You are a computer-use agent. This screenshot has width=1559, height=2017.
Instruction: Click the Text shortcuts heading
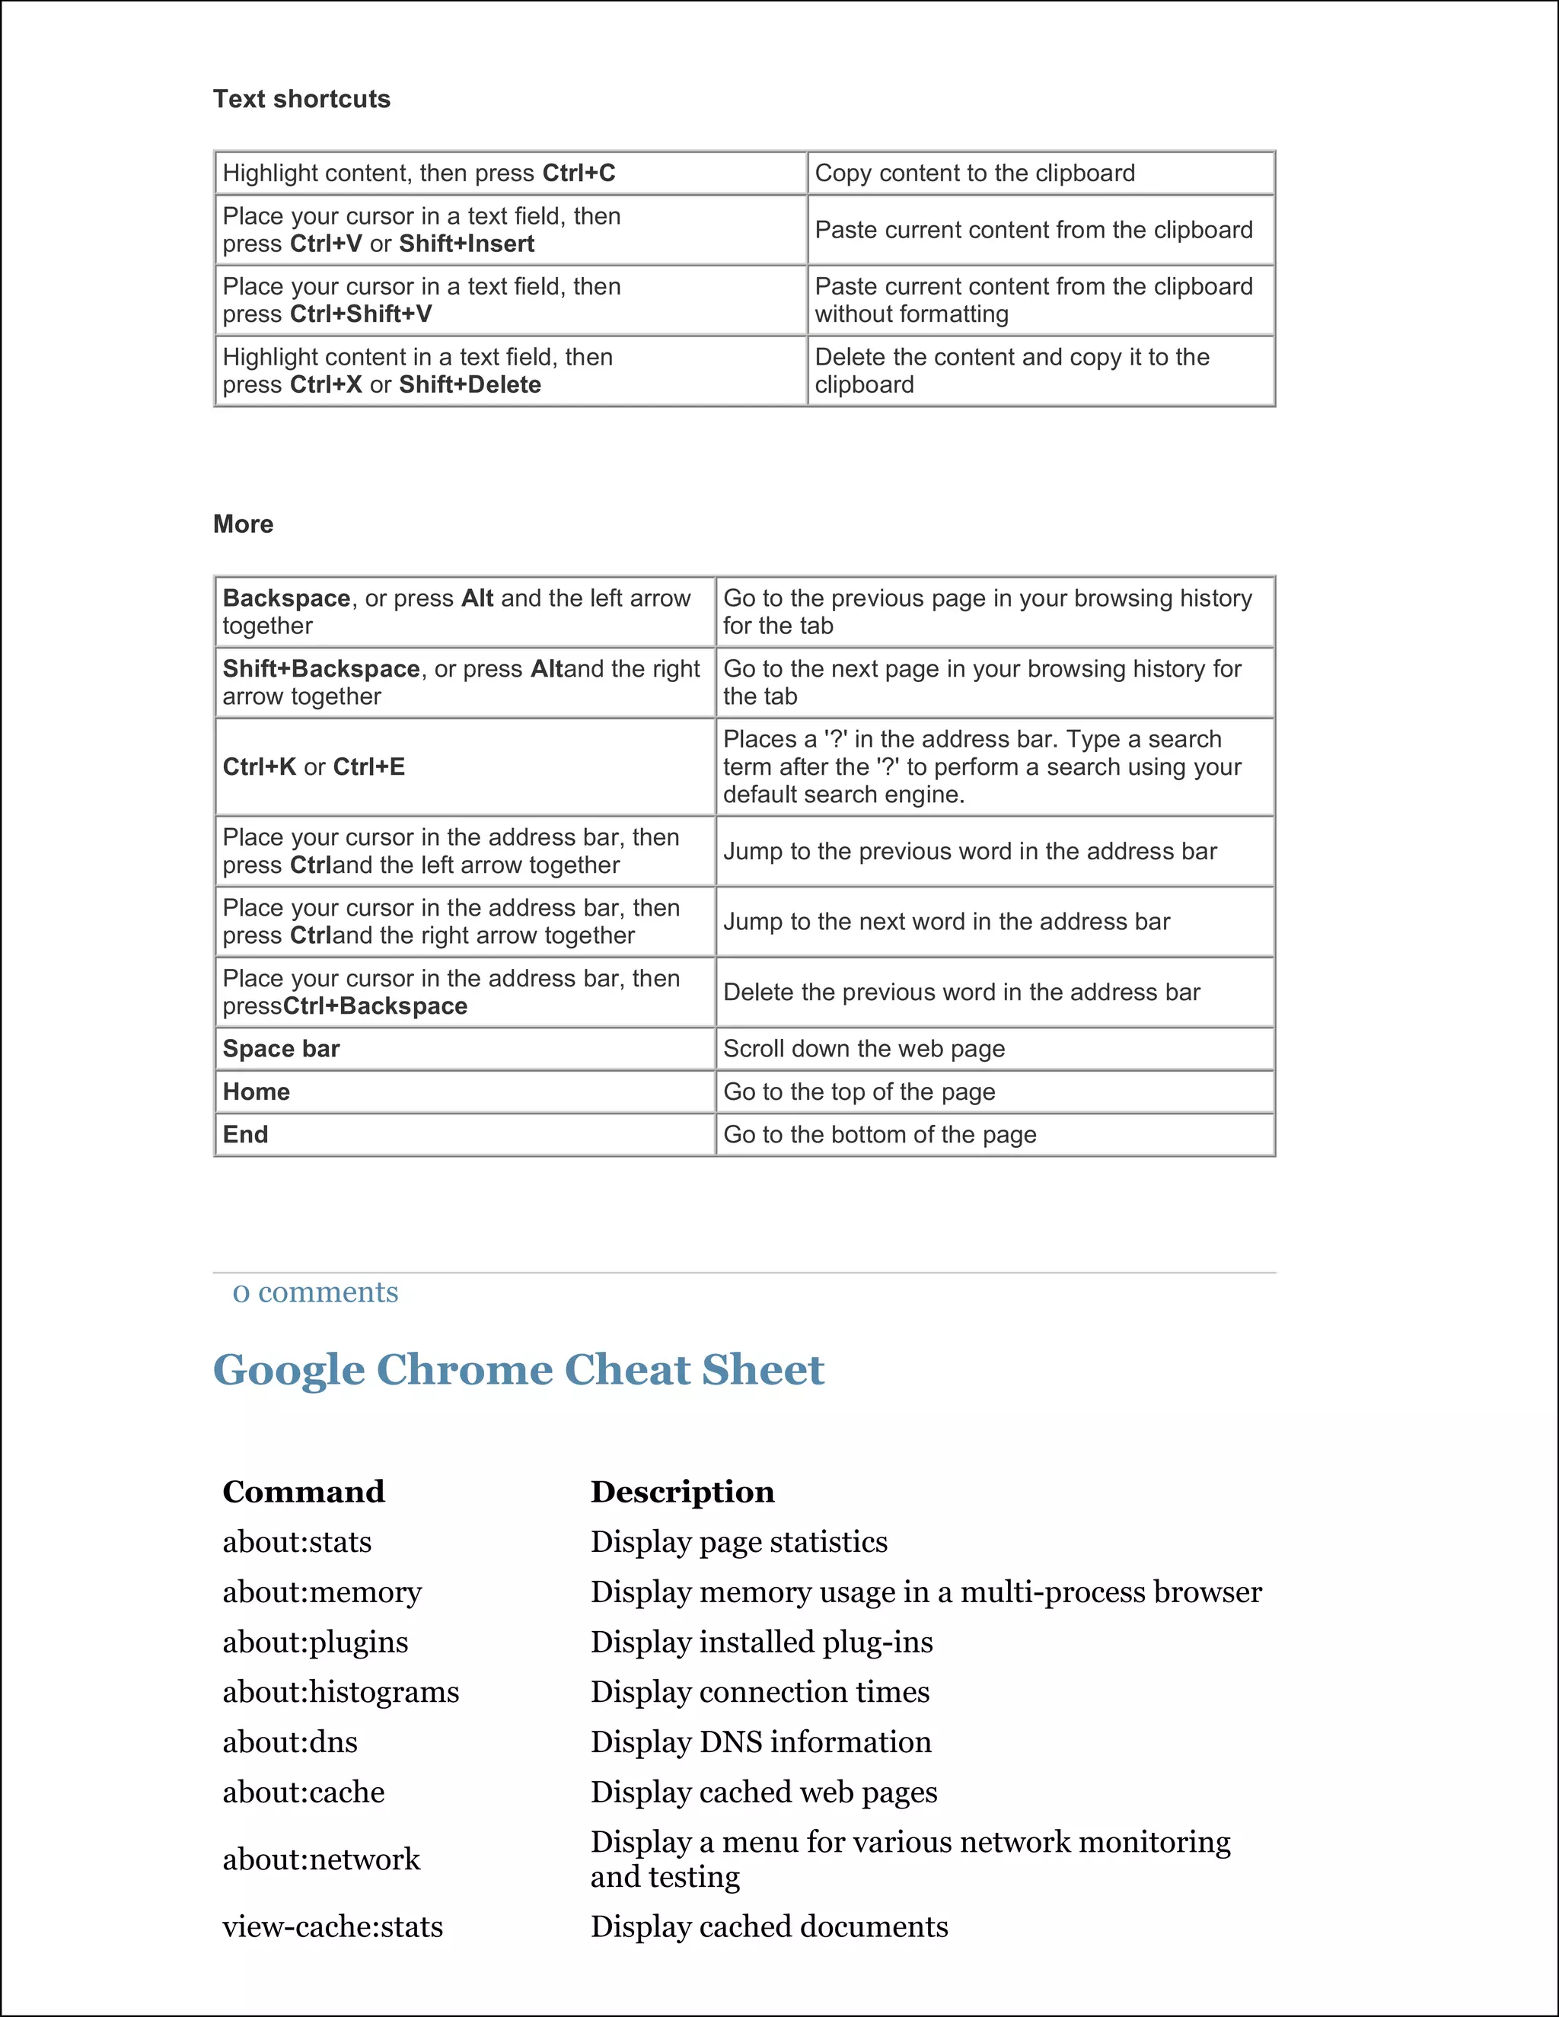(301, 99)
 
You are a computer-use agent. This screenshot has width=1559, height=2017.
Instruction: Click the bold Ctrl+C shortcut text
(579, 173)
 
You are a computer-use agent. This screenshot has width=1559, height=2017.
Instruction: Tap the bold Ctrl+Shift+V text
(360, 314)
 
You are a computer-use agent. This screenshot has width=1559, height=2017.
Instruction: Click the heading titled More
(243, 524)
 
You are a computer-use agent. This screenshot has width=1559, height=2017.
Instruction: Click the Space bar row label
(281, 1048)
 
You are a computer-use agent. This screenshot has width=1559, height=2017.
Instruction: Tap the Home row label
(256, 1091)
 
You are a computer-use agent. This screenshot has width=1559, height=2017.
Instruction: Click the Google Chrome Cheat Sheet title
(518, 1369)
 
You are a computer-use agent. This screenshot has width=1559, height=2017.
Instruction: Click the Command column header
(303, 1492)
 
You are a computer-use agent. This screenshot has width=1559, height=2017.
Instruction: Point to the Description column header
(683, 1492)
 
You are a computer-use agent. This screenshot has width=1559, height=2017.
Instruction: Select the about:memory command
(321, 1592)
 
